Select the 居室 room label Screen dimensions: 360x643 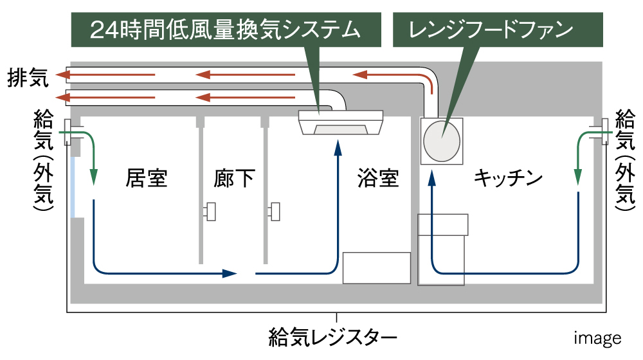(x=147, y=178)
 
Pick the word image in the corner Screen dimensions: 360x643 (x=597, y=338)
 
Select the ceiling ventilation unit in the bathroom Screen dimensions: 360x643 (x=341, y=122)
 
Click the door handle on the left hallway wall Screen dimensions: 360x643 (x=210, y=211)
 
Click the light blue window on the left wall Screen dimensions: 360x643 (x=76, y=186)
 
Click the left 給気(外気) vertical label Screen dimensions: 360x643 (x=43, y=161)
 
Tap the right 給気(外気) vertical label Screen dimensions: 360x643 (x=624, y=161)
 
